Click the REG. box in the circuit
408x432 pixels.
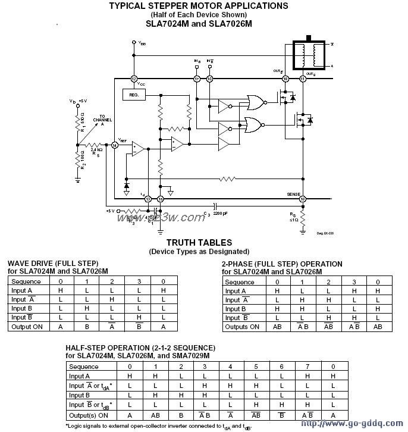[134, 95]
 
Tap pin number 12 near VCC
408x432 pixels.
[134, 79]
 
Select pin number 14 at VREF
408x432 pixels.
[114, 145]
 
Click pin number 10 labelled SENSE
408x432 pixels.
[303, 199]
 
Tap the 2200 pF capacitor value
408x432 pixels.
[220, 213]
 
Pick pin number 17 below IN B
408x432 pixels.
[197, 79]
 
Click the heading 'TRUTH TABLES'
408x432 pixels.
[199, 243]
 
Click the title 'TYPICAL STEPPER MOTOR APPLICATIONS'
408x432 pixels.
[199, 6]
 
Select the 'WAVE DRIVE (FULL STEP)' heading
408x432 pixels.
[53, 264]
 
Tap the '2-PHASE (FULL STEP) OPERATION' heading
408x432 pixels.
[282, 264]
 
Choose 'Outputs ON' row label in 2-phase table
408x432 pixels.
[243, 327]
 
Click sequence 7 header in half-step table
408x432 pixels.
[307, 367]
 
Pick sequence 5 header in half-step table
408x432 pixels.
[256, 367]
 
